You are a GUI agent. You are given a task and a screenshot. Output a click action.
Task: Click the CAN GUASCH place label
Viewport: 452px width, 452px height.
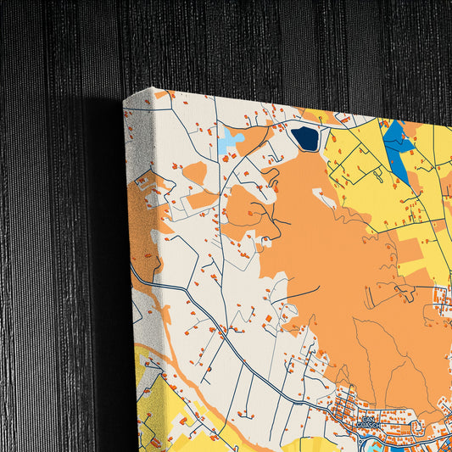[368, 421]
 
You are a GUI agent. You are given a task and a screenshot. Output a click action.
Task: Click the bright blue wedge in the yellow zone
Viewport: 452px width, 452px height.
[396, 144]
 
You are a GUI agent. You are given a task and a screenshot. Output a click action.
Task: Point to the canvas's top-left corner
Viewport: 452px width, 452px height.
[125, 100]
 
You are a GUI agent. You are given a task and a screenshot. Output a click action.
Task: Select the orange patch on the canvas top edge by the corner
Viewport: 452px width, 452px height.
[160, 95]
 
